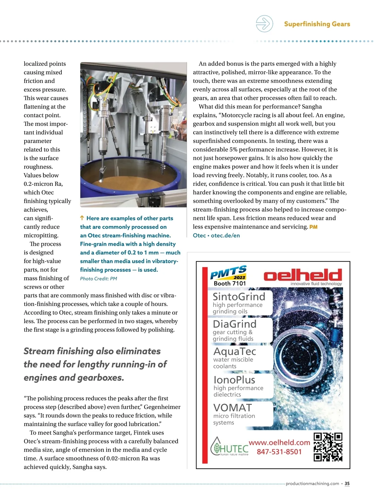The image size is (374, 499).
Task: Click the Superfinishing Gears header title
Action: (x=317, y=24)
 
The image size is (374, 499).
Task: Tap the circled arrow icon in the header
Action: (x=264, y=24)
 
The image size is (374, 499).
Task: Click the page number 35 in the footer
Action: (x=347, y=483)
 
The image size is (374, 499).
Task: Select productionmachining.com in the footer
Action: (x=312, y=483)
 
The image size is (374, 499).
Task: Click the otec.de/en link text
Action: (x=225, y=235)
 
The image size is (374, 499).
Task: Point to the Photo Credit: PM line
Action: (x=98, y=279)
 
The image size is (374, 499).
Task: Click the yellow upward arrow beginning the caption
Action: (x=82, y=218)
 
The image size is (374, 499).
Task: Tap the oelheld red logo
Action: (x=303, y=275)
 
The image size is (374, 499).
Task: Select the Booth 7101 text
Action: (x=230, y=283)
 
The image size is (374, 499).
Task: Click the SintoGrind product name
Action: (x=239, y=297)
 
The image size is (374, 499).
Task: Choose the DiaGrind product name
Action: (x=235, y=324)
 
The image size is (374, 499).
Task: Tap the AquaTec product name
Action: (x=235, y=351)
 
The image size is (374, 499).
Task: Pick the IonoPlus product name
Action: (x=234, y=380)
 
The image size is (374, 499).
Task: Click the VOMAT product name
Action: (x=233, y=408)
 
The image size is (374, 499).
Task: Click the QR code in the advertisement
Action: (x=328, y=447)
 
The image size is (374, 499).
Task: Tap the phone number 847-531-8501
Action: (x=279, y=452)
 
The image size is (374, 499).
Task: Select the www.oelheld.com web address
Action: (x=279, y=443)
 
